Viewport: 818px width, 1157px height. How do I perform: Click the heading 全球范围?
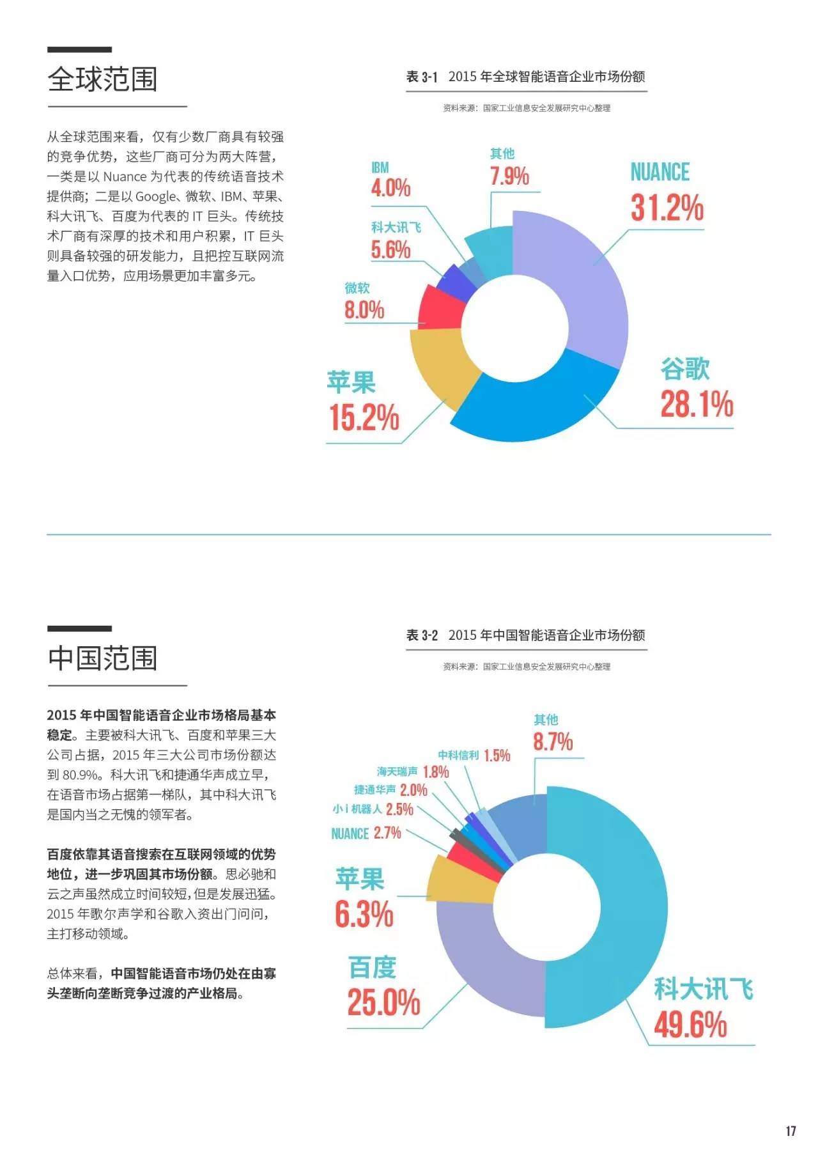pyautogui.click(x=102, y=79)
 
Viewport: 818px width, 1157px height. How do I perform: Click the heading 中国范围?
pyautogui.click(x=102, y=658)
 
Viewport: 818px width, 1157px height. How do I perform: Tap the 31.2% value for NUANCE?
pyautogui.click(x=667, y=208)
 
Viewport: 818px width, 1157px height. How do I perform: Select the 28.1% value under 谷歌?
pyautogui.click(x=696, y=405)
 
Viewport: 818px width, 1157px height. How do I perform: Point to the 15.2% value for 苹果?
pyautogui.click(x=364, y=417)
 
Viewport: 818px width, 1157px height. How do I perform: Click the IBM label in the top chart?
pyautogui.click(x=380, y=167)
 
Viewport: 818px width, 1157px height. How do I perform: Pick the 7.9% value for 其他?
pyautogui.click(x=509, y=176)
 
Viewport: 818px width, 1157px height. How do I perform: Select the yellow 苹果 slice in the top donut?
pyautogui.click(x=441, y=364)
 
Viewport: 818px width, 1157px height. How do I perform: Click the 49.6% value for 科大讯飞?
pyautogui.click(x=690, y=1025)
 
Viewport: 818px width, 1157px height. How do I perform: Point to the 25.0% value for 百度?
pyautogui.click(x=383, y=1002)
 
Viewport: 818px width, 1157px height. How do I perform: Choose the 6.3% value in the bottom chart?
pyautogui.click(x=364, y=914)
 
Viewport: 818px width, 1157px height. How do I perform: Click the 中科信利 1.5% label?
pyautogui.click(x=474, y=756)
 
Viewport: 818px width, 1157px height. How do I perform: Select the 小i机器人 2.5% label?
pyautogui.click(x=373, y=809)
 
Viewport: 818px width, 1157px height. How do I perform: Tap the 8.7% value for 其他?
pyautogui.click(x=553, y=742)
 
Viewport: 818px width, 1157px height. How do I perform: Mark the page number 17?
pyautogui.click(x=791, y=1131)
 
